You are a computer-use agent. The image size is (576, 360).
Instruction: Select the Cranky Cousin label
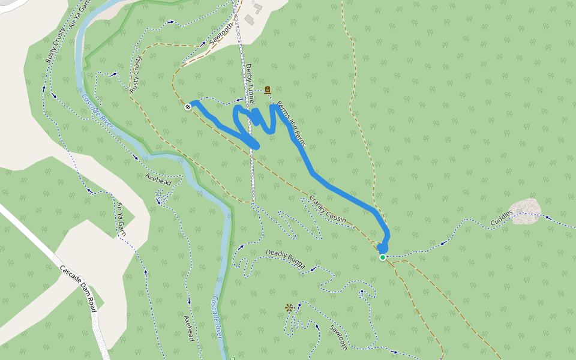[x=328, y=209]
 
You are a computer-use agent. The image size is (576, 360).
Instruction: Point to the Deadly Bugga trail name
[x=286, y=258]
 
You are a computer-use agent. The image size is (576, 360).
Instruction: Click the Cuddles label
[x=502, y=218]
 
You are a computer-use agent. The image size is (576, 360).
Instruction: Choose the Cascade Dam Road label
[x=78, y=289]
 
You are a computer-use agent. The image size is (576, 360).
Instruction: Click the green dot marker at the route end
[x=383, y=257]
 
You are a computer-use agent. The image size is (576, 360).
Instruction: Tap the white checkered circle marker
[x=188, y=107]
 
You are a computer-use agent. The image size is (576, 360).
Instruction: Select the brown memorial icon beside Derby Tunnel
[x=267, y=90]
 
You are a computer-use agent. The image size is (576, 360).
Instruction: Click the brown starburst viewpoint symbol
[x=289, y=308]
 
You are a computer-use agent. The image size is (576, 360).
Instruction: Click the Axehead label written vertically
[x=188, y=329]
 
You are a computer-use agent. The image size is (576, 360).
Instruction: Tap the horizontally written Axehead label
[x=159, y=178]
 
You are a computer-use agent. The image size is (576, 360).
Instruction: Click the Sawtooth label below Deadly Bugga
[x=338, y=337]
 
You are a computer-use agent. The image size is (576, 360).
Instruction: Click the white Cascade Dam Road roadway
[x=36, y=240]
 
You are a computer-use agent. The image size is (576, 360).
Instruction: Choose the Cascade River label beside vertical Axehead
[x=218, y=318]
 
